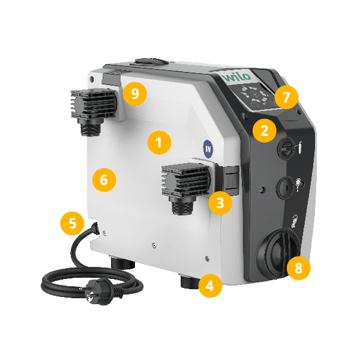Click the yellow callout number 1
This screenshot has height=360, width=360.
159,143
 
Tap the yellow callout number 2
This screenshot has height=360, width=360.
264,130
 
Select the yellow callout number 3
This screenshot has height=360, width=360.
220,203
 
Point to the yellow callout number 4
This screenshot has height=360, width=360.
210,285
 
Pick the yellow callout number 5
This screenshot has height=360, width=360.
72,223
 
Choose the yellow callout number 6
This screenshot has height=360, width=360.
104,179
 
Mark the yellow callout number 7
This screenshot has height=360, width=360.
286,97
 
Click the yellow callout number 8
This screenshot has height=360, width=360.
298,268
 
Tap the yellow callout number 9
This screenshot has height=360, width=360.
135,94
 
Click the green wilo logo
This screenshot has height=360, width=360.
237,77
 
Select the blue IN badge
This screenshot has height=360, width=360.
208,149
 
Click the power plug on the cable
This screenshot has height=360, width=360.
101,291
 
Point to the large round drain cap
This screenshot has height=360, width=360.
276,254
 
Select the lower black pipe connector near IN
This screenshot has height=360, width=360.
185,186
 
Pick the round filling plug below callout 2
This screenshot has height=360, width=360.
286,148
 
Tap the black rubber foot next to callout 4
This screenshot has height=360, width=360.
189,283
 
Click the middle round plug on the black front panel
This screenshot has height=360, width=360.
285,188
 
